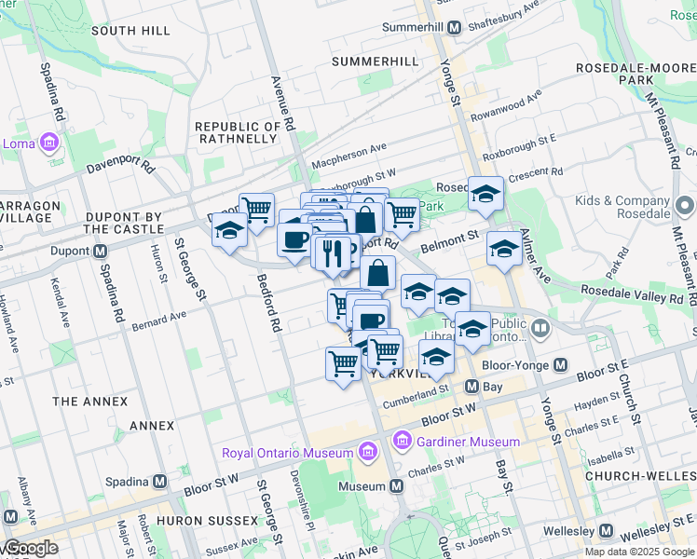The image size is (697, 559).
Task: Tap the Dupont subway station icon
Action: coord(100,251)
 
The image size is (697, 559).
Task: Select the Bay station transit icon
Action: coord(472,387)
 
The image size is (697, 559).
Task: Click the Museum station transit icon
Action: coord(397,486)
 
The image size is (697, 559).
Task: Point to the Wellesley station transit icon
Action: coord(607,531)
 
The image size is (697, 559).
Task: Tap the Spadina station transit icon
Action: coord(159,482)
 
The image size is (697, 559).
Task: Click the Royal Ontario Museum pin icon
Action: coord(367,454)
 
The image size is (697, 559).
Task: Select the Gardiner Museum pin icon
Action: coord(403,438)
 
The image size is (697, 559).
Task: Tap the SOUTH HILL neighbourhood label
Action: coord(131,31)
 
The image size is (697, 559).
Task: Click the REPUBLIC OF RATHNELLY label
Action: coord(237,132)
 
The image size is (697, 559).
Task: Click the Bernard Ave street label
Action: coord(159,321)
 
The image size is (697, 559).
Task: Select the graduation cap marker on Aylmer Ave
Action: coord(504,249)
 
